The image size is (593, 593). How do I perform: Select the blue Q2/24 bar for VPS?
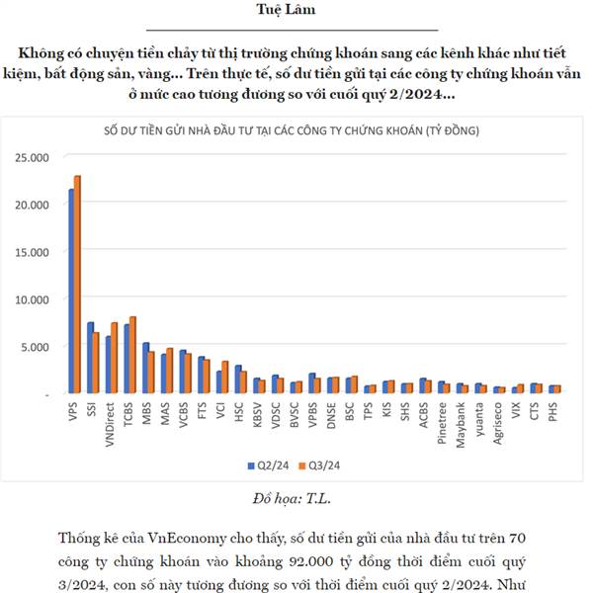(x=70, y=292)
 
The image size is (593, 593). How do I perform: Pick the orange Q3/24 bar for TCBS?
(x=133, y=355)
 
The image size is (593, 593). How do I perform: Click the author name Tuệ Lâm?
(x=296, y=11)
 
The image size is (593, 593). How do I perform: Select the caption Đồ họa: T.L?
(x=296, y=497)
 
